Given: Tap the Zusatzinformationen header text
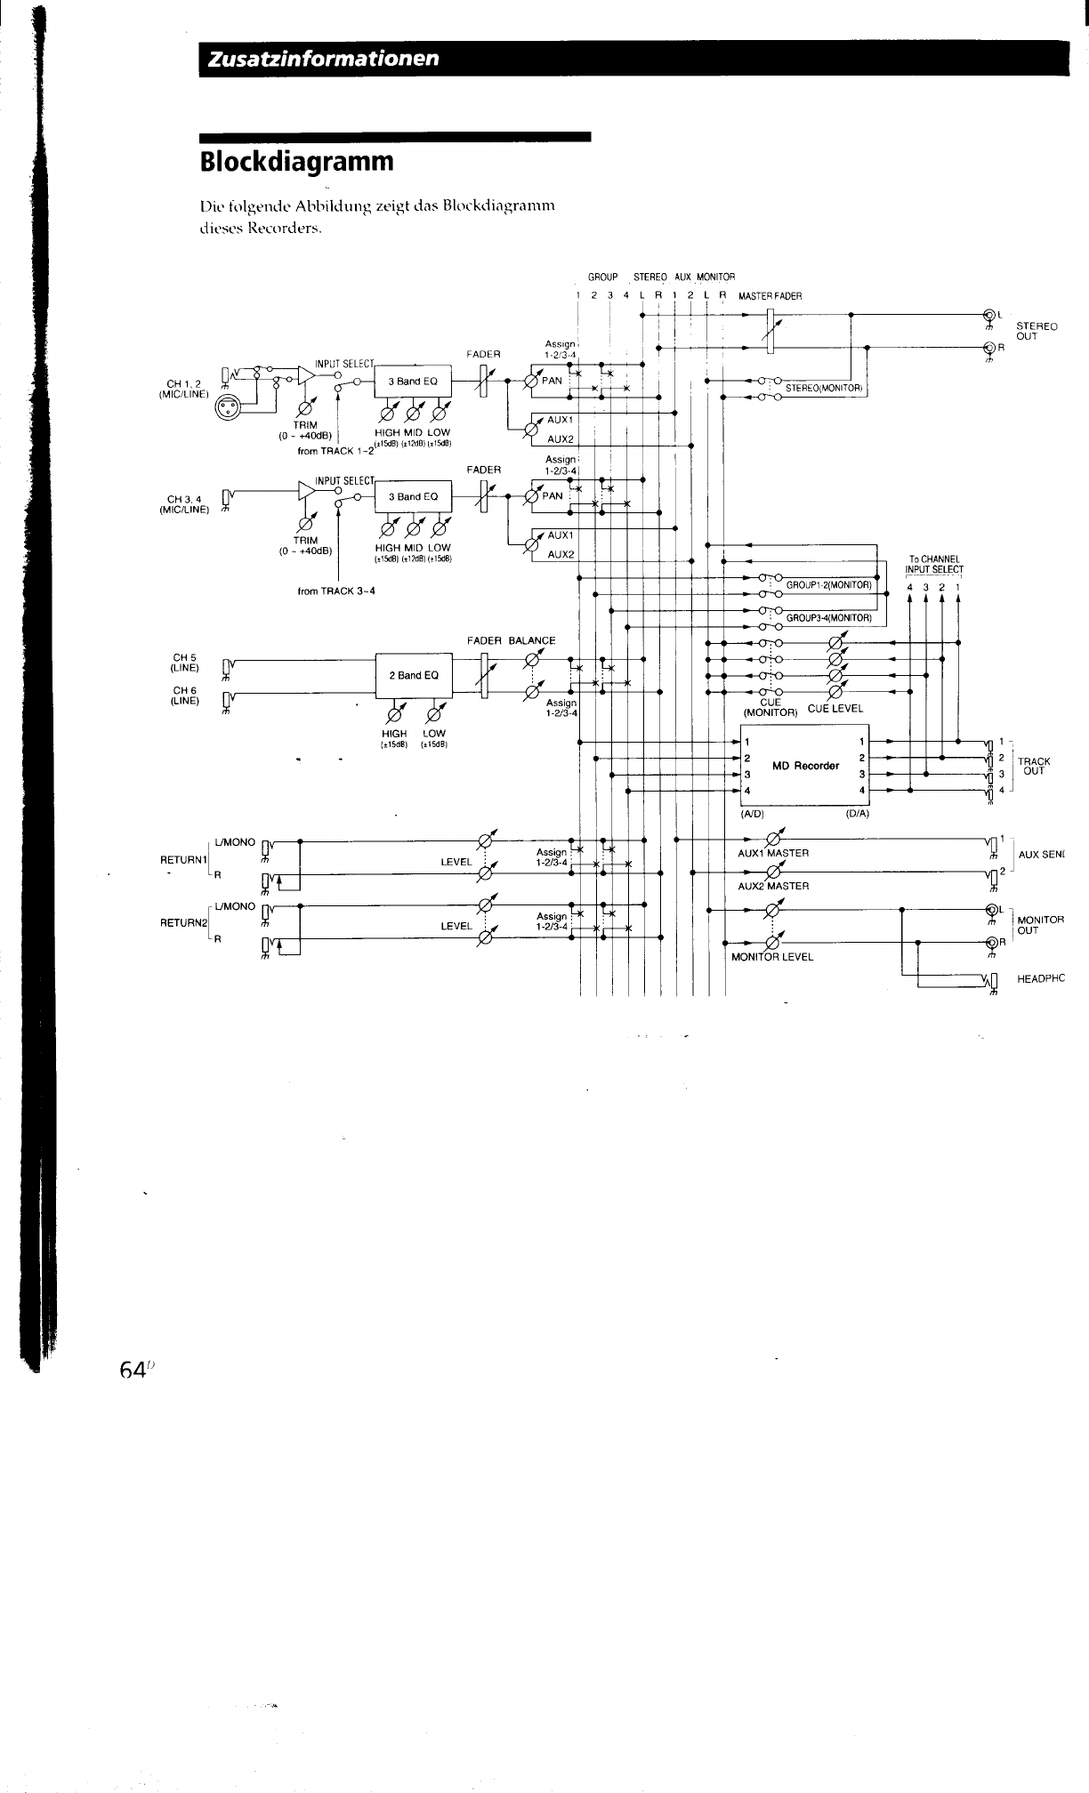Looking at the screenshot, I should coord(323,59).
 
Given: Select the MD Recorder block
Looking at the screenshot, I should coord(805,766).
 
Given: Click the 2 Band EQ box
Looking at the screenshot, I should coord(414,675).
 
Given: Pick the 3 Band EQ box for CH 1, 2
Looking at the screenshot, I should coord(414,382).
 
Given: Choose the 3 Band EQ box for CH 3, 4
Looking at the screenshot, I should coord(414,496).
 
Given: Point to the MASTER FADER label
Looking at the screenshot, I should coord(770,297).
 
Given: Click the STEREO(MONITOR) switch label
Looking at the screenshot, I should coord(825,388).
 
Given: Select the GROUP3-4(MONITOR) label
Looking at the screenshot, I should coord(828,617).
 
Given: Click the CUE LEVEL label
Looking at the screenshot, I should coord(835,709).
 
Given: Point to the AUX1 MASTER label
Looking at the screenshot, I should coord(773,853).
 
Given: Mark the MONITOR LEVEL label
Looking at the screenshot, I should coord(771,957).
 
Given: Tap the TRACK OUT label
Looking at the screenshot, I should coord(1034,766).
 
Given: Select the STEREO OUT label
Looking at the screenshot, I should coord(1036,331).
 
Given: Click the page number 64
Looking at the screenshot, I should coord(132,1371).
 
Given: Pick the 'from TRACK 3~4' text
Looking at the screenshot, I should coord(336,591).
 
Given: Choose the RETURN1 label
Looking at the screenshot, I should coord(183,860).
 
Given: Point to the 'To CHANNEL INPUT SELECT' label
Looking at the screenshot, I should coord(933,564).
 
